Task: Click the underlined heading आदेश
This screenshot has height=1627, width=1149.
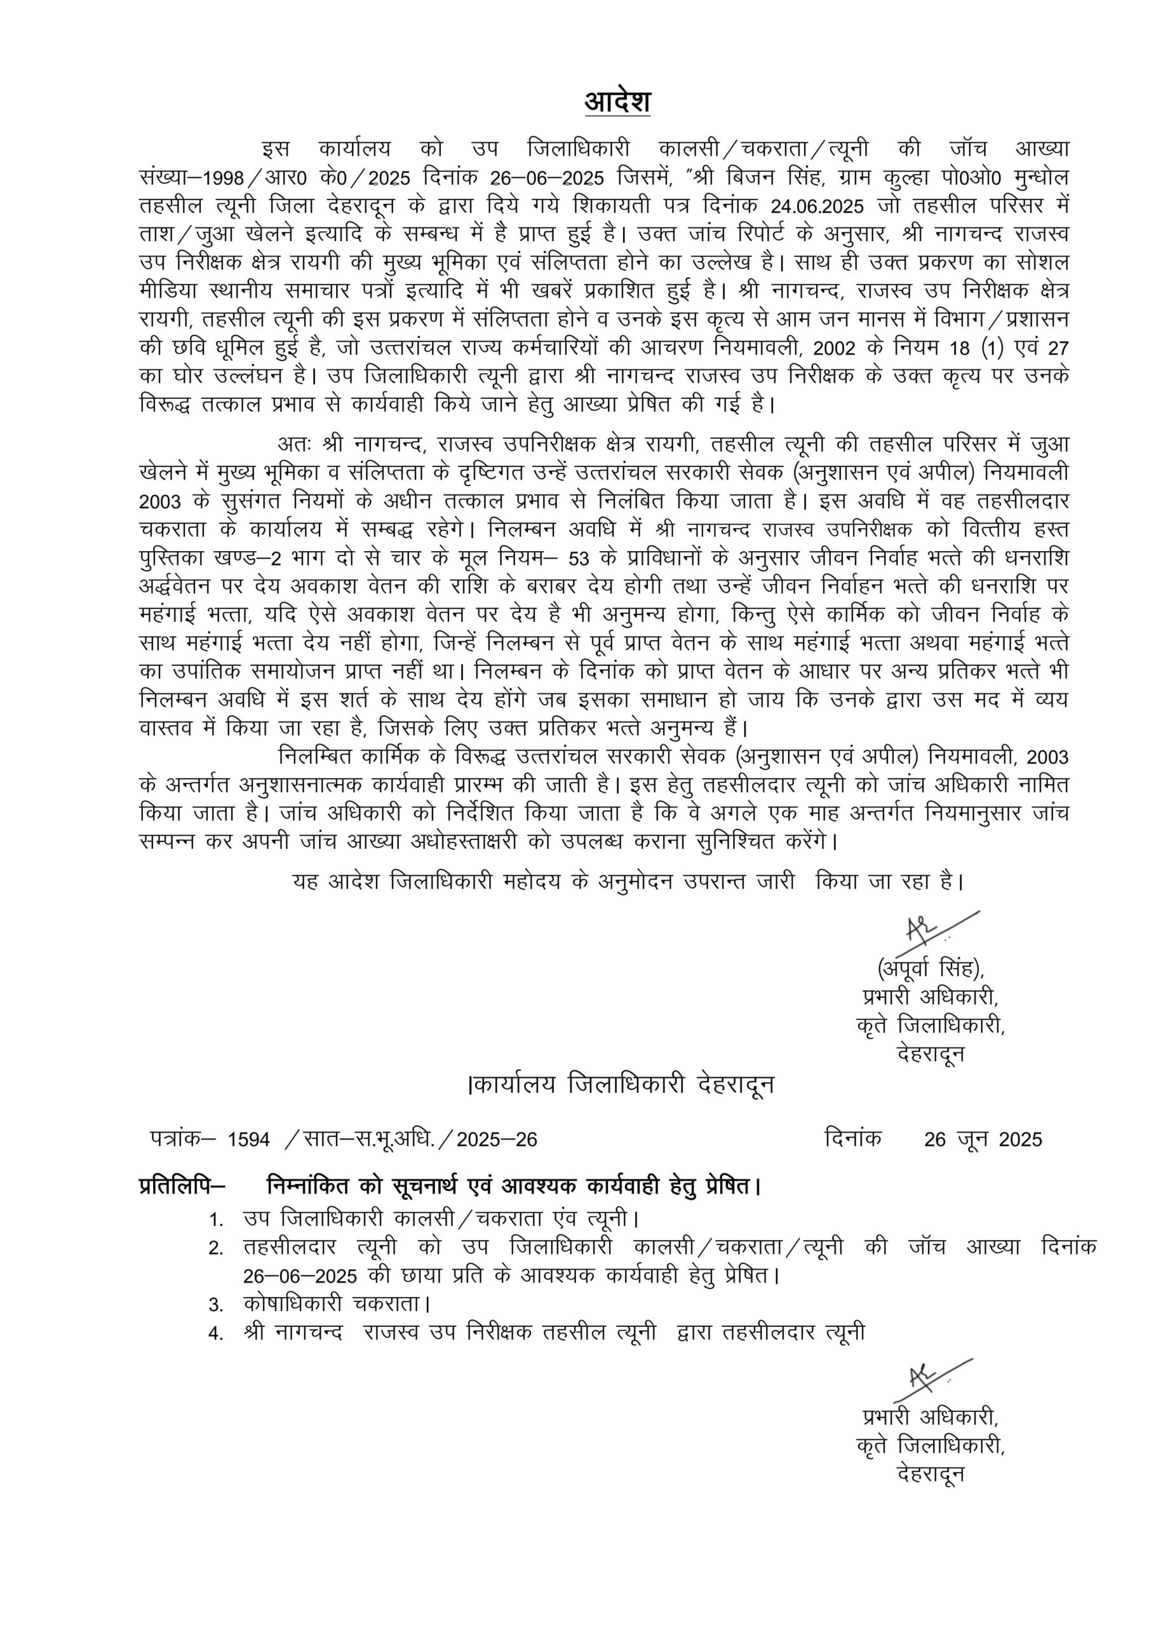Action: pyautogui.click(x=617, y=103)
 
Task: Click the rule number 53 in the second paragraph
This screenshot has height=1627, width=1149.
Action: pyautogui.click(x=578, y=559)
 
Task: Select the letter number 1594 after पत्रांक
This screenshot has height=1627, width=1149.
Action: pyautogui.click(x=248, y=1140)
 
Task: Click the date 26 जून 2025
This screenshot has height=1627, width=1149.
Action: pyautogui.click(x=983, y=1140)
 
